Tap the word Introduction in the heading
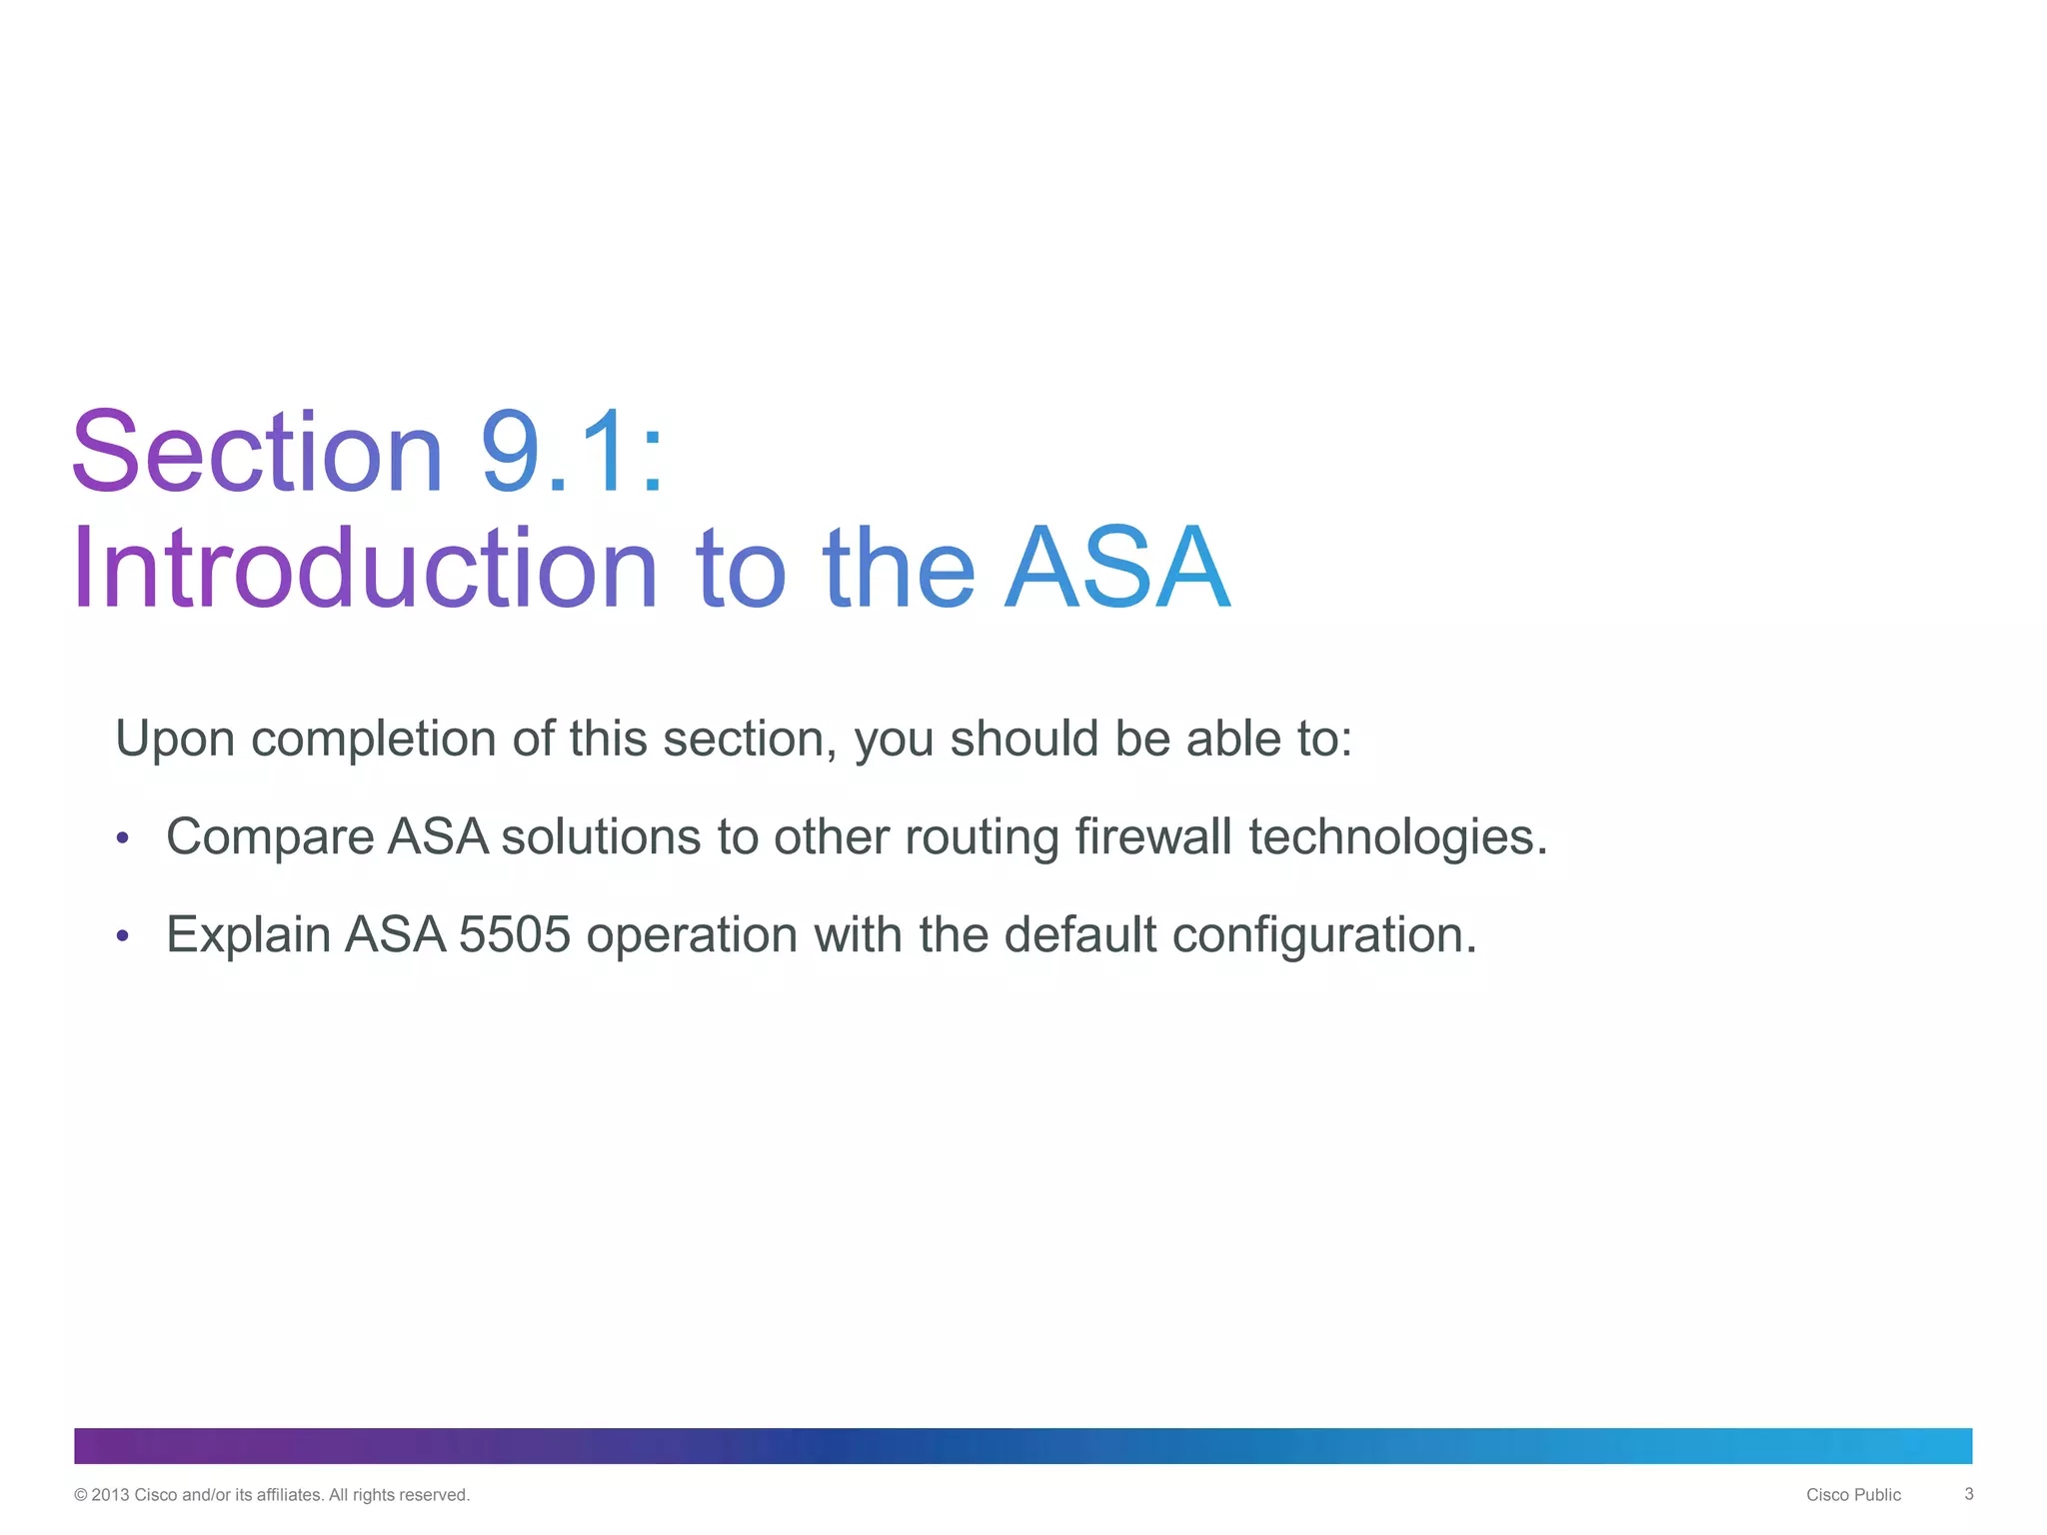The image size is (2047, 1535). point(365,569)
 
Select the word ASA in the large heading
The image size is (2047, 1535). point(1117,569)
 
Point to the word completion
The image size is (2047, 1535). point(374,740)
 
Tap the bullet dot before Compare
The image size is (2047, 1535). point(122,838)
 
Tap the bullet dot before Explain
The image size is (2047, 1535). point(122,936)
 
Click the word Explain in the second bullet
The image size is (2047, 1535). point(248,935)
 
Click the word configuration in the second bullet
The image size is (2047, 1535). point(1323,936)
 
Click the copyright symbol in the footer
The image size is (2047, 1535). point(81,1495)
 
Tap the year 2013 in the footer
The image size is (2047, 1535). point(110,1495)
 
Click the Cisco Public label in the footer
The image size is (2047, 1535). point(1853,1495)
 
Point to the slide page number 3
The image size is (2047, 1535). point(1968,1494)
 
